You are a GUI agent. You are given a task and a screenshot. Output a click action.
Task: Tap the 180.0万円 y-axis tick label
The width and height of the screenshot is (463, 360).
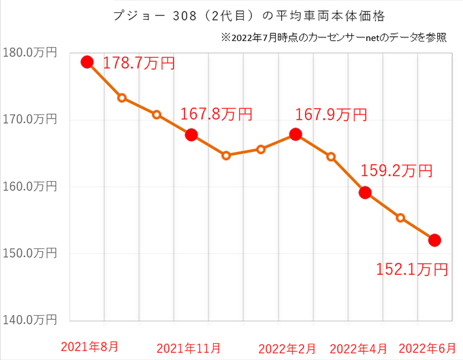point(29,53)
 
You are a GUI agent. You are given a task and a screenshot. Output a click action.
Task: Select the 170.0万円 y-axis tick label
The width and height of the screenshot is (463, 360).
point(29,120)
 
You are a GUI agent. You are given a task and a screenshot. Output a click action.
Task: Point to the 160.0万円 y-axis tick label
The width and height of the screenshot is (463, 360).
point(29,186)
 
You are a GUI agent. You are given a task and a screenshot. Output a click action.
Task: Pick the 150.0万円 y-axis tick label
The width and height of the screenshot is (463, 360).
point(29,253)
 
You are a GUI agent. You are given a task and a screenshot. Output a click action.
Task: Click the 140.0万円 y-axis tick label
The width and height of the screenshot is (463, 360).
point(29,319)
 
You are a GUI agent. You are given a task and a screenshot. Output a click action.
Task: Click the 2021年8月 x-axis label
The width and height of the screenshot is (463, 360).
point(88,348)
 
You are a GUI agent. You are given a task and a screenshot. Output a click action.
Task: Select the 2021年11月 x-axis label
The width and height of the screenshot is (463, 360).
point(189,348)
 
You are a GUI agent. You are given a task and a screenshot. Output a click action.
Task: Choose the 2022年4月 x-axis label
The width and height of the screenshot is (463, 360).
point(360,348)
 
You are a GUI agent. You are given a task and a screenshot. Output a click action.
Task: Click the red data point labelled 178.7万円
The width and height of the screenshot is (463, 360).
point(87,62)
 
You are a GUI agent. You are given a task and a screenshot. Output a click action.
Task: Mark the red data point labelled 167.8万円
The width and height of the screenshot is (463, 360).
point(191,135)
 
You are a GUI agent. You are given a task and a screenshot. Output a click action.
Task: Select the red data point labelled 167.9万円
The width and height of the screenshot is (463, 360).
point(296,134)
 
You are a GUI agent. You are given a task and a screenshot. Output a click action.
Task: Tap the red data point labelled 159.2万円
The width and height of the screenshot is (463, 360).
point(365,193)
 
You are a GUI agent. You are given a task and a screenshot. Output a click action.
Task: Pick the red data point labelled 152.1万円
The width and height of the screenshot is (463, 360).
point(434,240)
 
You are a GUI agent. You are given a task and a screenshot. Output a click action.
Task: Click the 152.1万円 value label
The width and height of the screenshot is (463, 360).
point(412,269)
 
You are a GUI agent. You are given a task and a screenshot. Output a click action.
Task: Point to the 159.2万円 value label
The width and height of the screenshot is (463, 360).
point(396,171)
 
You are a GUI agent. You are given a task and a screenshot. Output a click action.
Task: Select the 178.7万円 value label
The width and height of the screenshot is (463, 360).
point(139,64)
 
